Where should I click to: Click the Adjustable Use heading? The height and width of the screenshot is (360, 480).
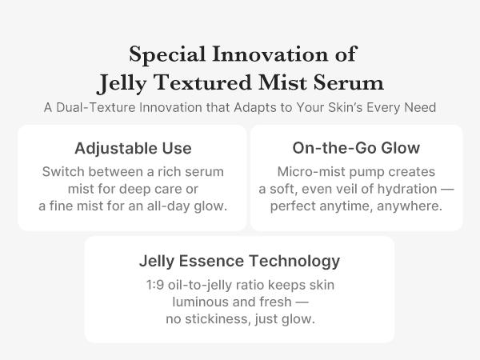coord(133,148)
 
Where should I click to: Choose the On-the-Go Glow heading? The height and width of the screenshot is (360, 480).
coord(356,148)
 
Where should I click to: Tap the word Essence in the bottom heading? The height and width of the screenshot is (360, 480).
coord(218,261)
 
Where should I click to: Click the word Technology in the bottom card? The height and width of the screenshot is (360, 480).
coord(298,261)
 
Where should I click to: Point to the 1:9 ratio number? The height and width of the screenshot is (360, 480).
coord(157,286)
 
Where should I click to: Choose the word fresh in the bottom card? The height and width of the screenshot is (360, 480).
coord(275,302)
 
